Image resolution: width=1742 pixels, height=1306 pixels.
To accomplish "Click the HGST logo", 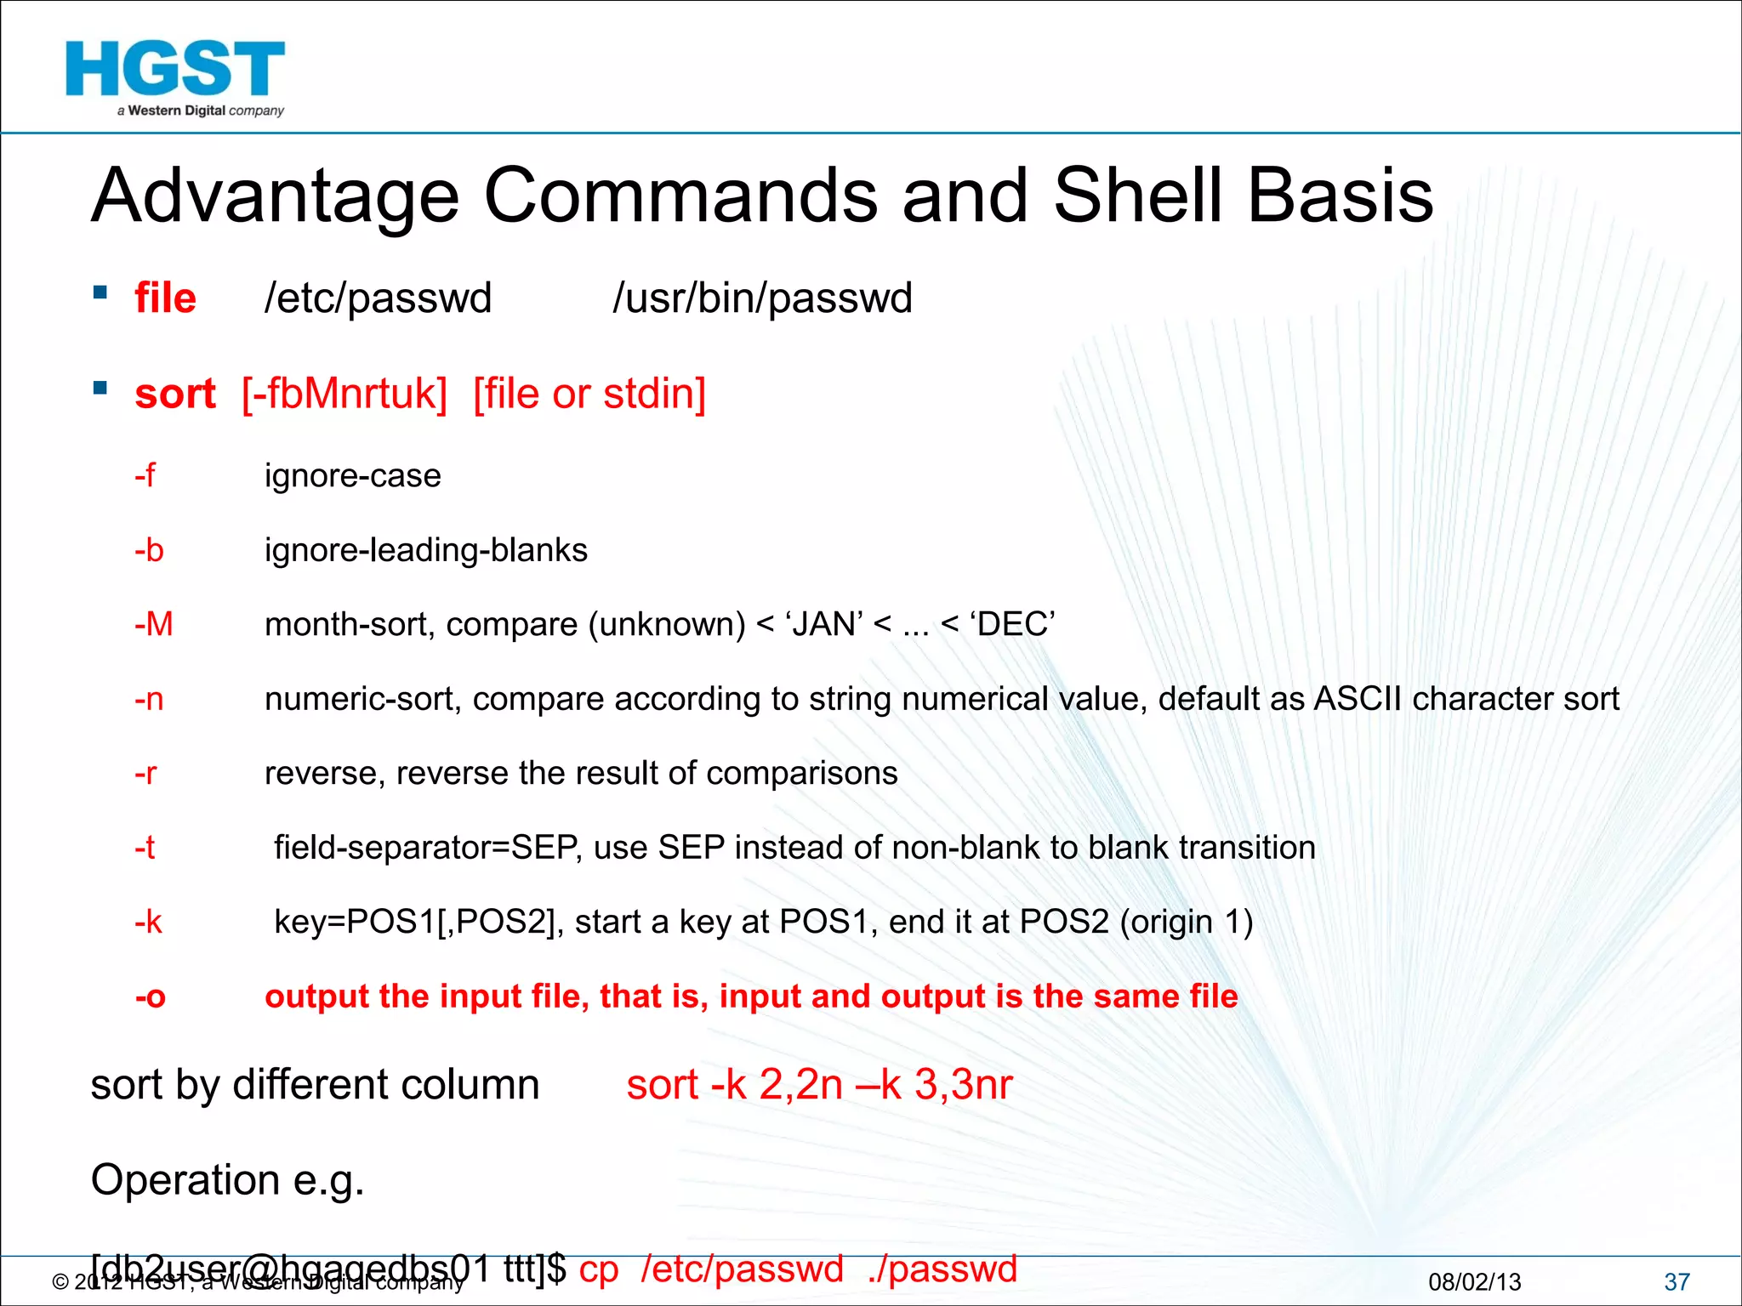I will tap(175, 77).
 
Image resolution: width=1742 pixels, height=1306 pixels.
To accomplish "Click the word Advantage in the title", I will tap(275, 196).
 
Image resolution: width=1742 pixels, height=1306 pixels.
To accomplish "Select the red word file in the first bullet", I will tap(165, 298).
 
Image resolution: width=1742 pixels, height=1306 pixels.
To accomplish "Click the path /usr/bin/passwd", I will tap(762, 298).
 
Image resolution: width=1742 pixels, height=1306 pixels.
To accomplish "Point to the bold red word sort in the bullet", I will tap(175, 395).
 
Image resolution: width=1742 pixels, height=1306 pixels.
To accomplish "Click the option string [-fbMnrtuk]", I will tap(344, 395).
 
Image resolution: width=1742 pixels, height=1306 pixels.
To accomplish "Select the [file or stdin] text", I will tap(589, 395).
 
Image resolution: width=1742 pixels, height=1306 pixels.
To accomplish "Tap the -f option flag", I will tap(145, 475).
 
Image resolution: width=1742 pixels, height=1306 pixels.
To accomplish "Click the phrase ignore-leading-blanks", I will tap(425, 550).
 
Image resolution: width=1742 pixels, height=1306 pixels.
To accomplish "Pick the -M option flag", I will tap(153, 624).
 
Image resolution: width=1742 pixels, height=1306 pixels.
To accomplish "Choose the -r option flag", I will tap(145, 773).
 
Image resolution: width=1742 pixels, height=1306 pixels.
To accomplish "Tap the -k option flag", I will tap(148, 922).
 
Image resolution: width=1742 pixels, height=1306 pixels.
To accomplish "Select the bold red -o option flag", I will tap(150, 997).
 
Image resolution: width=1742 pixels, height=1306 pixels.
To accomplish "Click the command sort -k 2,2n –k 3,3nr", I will tap(819, 1085).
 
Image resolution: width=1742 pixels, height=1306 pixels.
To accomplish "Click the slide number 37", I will tap(1677, 1281).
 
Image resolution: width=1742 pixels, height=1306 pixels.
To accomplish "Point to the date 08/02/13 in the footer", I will tap(1474, 1281).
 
